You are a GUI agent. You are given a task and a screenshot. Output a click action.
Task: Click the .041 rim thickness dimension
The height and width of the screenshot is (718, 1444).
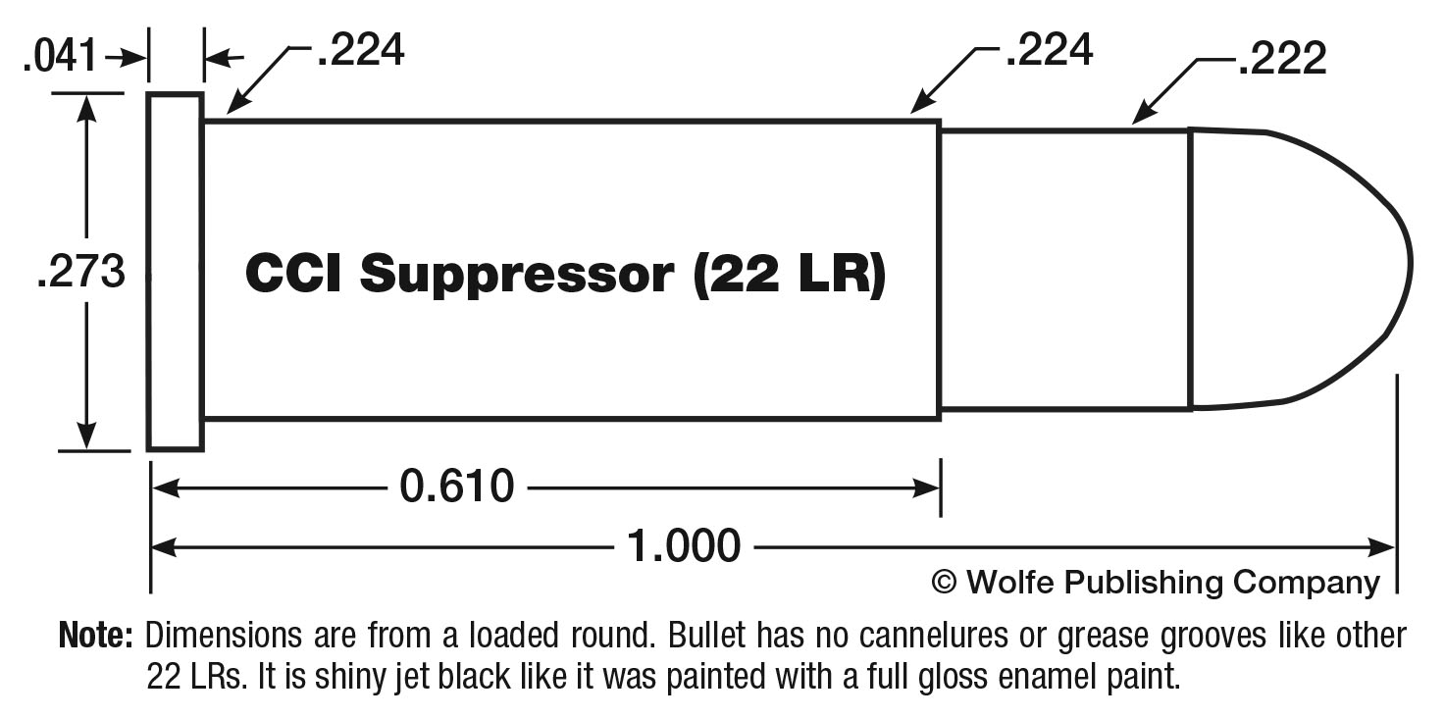61,58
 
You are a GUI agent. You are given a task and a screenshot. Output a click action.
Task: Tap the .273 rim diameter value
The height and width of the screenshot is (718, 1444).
80,272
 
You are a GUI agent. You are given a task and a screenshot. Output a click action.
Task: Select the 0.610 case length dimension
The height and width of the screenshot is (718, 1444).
456,486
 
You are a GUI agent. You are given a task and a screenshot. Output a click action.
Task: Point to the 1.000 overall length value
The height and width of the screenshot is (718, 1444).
683,545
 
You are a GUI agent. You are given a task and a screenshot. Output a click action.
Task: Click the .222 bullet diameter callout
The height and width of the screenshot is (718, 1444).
1282,61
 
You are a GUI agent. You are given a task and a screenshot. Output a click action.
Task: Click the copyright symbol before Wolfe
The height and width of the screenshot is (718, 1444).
944,582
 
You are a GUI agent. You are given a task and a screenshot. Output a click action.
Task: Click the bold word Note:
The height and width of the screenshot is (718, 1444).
96,636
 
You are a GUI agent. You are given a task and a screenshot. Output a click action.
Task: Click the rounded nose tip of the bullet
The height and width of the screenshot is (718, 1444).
1409,265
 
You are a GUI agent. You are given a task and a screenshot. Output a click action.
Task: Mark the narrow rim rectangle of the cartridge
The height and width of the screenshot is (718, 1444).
176,272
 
